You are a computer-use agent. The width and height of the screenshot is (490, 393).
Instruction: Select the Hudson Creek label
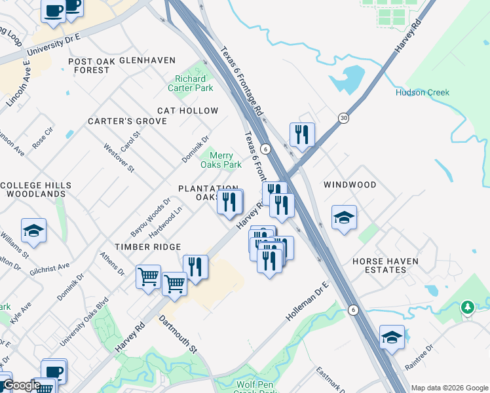423,92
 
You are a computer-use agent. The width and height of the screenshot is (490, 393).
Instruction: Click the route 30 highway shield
344,118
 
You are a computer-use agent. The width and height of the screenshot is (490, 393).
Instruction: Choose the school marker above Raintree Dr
392,337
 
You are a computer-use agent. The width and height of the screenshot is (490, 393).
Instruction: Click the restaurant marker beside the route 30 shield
302,134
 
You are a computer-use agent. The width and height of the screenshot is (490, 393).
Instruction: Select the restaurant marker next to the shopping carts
195,267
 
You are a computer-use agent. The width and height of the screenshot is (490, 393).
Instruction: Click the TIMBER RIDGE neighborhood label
147,246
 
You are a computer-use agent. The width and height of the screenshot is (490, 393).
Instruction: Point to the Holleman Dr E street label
307,301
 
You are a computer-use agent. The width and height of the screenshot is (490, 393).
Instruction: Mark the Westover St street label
119,158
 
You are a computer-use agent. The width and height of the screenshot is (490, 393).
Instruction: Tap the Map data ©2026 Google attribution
449,388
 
